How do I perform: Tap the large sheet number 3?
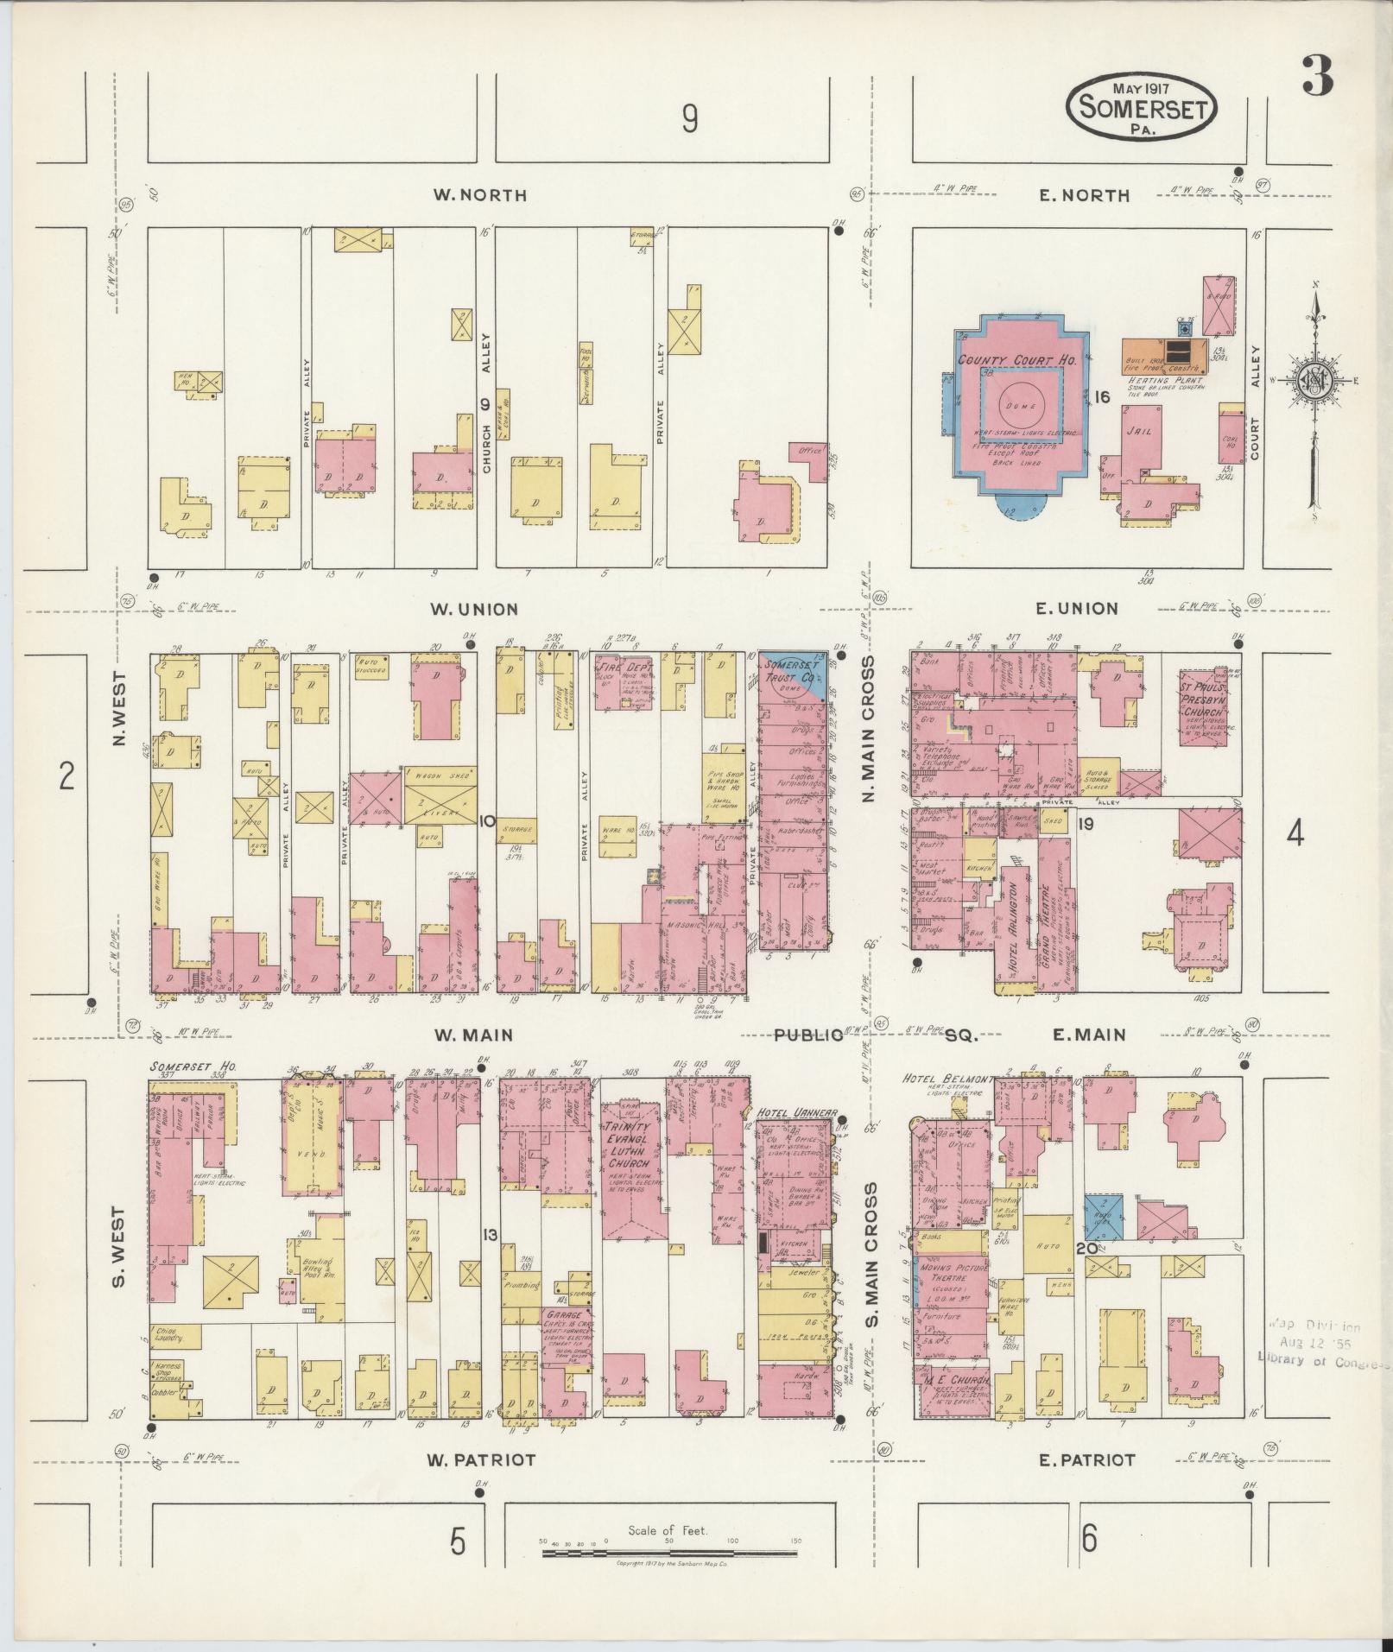pos(1317,80)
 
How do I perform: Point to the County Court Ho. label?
pos(1016,360)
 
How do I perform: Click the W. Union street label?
pos(476,610)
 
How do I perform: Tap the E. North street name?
pos(1085,196)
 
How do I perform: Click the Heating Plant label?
pos(1166,380)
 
